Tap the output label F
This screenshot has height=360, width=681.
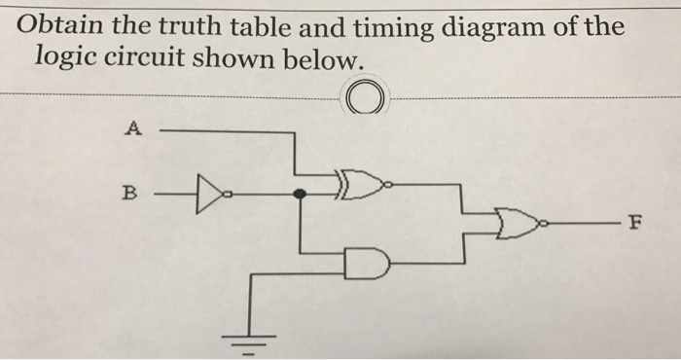(634, 224)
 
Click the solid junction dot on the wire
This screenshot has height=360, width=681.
(301, 193)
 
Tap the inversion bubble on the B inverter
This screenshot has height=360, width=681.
(226, 193)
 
